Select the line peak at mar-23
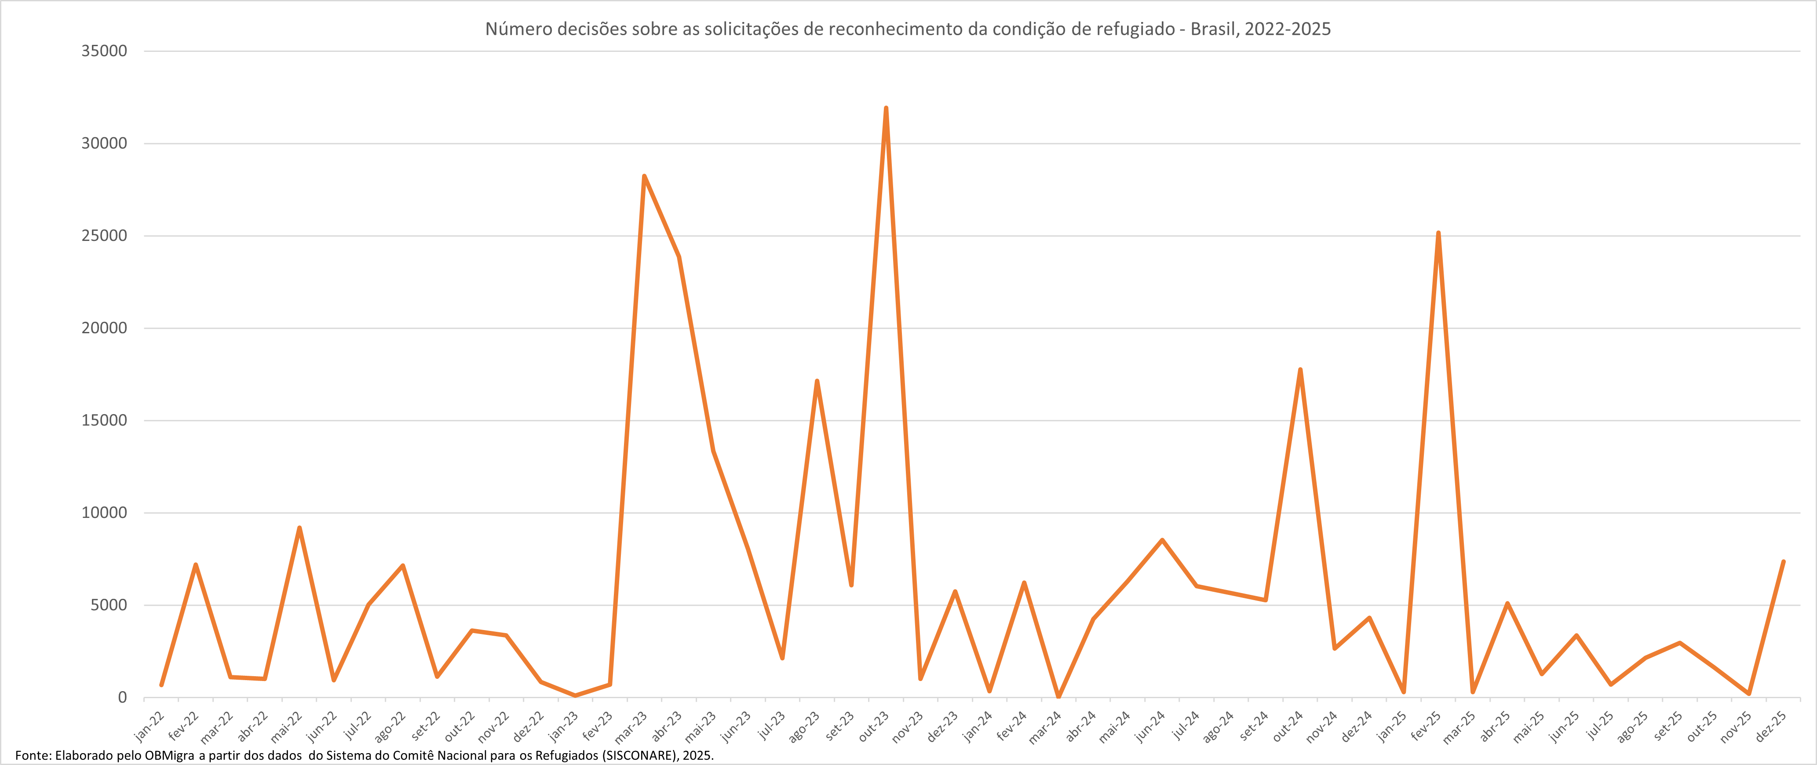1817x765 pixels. pyautogui.click(x=644, y=176)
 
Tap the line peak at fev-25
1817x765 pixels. pyautogui.click(x=1438, y=233)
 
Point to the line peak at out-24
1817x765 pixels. pyautogui.click(x=1300, y=369)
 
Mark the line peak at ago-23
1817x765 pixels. pyautogui.click(x=817, y=382)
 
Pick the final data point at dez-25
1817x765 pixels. pyautogui.click(x=1783, y=562)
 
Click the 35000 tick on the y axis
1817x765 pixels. pyautogui.click(x=104, y=51)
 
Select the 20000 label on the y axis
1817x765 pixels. pyautogui.click(x=104, y=328)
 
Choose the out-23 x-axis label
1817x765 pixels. pyautogui.click(x=874, y=726)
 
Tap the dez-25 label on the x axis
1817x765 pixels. pyautogui.click(x=1771, y=726)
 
